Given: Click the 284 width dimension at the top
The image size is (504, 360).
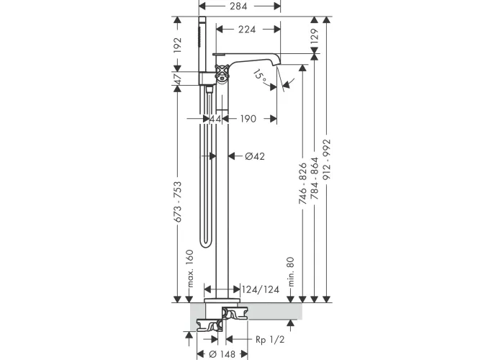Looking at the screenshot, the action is [x=238, y=6].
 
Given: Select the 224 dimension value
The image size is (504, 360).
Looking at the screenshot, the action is [x=247, y=30].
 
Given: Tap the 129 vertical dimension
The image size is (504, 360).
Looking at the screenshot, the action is [x=314, y=35].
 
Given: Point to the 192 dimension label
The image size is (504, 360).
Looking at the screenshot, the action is [x=177, y=45].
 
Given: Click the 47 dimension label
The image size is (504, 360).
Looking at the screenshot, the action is [x=177, y=78].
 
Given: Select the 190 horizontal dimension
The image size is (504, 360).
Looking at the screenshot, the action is [x=248, y=119].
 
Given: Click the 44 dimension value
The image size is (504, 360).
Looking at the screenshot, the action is [x=215, y=119].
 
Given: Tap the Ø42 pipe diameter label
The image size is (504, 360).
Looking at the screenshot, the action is [x=255, y=156].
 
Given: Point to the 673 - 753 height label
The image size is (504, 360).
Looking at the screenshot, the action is [x=177, y=202].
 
